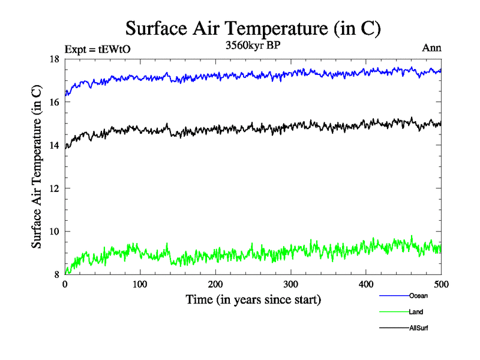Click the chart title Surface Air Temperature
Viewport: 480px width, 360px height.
pos(253,28)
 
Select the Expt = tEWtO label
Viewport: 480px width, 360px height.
pos(97,49)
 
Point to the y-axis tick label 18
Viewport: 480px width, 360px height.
pos(53,59)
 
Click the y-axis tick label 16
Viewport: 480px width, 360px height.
pos(53,102)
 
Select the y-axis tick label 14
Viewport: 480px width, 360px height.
pos(53,145)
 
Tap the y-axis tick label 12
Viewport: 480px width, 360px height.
pos(53,188)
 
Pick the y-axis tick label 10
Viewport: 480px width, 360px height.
pos(53,232)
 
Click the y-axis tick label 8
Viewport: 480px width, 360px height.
pos(56,275)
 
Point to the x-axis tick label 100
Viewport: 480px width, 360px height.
pos(140,284)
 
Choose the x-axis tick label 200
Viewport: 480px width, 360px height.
pos(215,284)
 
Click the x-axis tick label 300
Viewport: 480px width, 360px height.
pos(291,284)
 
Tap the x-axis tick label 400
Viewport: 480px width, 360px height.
pos(366,284)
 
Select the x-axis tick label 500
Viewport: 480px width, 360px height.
pos(441,284)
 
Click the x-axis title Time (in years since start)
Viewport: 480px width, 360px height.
pos(253,299)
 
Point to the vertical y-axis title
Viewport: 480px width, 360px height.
pos(37,167)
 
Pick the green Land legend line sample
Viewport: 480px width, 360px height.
pos(394,312)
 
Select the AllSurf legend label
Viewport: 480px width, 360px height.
pos(419,328)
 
